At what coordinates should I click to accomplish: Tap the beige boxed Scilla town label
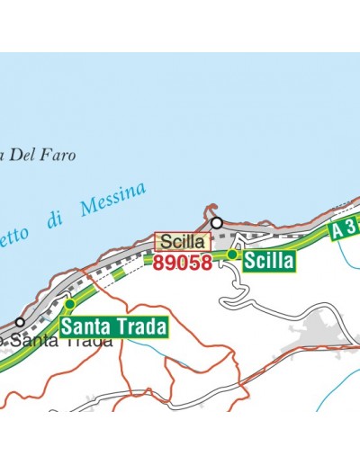(x=183, y=242)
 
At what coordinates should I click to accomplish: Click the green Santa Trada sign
(x=114, y=326)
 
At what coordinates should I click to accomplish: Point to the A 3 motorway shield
(x=345, y=228)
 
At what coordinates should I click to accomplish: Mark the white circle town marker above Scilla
(x=216, y=221)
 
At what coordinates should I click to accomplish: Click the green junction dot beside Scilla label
(x=232, y=255)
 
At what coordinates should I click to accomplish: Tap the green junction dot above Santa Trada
(x=69, y=303)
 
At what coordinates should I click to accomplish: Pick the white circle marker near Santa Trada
(x=20, y=321)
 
